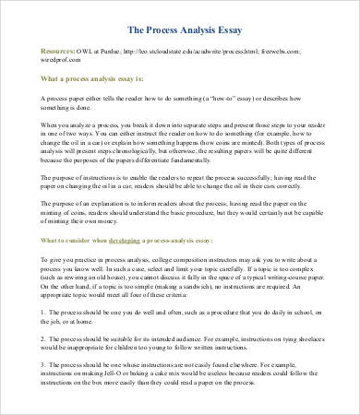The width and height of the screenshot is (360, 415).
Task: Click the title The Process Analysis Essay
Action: point(180,29)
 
